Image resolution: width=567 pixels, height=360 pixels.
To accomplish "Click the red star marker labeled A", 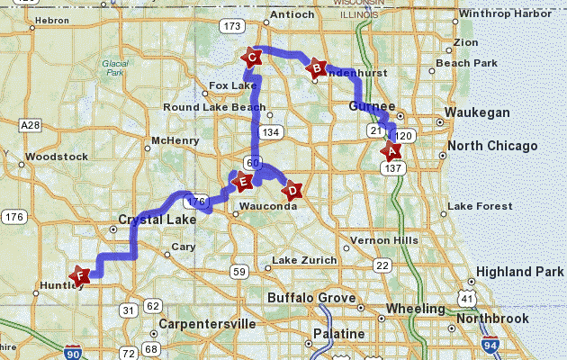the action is pos(391,150).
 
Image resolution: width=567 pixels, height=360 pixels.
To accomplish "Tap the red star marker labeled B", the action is pos(316,67).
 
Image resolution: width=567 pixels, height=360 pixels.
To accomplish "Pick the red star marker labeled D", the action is pos(292,190).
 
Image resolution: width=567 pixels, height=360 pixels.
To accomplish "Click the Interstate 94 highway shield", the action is pos(490,345).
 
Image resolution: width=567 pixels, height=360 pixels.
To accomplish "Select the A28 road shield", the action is pos(30,125).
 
